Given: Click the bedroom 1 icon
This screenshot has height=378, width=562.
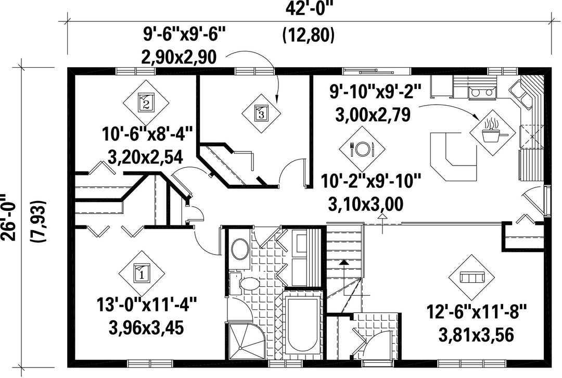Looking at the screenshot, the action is [142, 274].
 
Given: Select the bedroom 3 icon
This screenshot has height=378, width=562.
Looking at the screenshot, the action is [261, 113].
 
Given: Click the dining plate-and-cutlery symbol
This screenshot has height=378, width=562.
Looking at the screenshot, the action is [362, 148].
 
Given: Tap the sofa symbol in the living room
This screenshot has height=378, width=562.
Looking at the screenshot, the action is [471, 277].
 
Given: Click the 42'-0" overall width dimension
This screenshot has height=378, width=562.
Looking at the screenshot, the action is [309, 9].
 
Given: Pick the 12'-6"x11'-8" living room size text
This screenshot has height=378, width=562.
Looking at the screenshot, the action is [477, 312].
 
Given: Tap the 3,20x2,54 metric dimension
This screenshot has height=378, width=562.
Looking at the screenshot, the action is [146, 156].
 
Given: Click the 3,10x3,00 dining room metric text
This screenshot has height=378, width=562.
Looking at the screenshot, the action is [366, 204].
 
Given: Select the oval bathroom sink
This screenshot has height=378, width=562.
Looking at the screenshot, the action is [240, 249].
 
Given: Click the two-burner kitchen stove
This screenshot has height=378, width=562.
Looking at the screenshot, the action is [481, 92].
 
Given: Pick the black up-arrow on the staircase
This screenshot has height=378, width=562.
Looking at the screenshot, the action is [344, 262].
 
